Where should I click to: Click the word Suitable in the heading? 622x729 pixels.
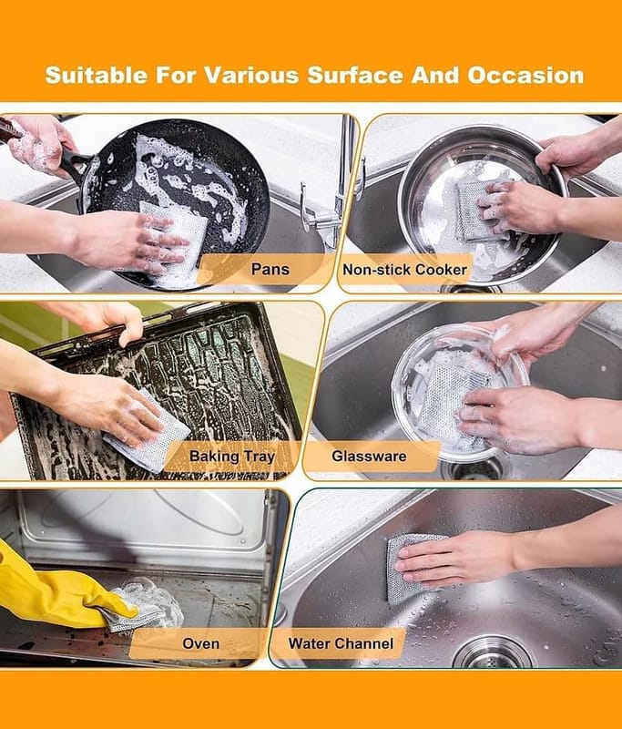[97, 76]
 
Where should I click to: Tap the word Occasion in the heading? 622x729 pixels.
[525, 76]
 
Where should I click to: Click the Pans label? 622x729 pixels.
[270, 269]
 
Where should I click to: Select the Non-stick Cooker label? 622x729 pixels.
[404, 270]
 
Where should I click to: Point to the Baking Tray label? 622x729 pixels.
[232, 457]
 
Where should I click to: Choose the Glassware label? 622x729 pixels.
[369, 457]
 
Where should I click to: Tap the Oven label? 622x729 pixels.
[200, 643]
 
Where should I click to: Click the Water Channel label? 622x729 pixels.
[341, 643]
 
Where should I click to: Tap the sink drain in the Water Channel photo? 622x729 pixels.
[493, 653]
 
